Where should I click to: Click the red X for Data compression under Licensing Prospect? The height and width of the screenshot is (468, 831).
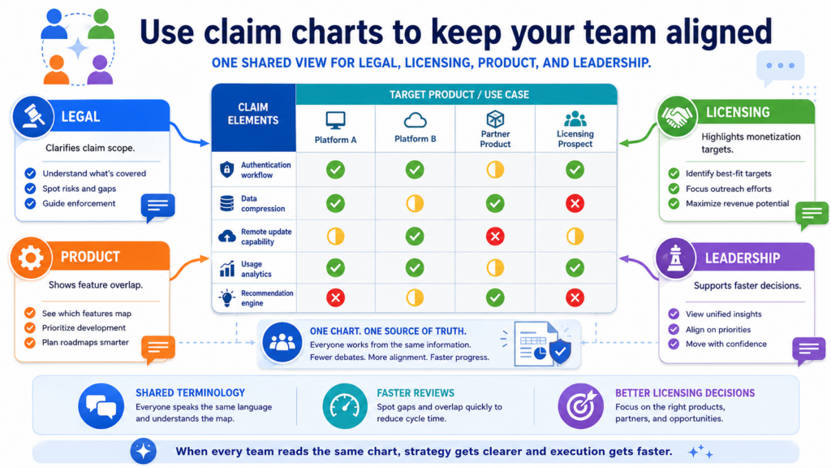(x=575, y=203)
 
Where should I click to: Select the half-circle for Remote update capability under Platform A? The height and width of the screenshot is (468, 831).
(x=335, y=236)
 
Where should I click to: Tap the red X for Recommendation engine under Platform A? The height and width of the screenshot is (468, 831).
(x=335, y=298)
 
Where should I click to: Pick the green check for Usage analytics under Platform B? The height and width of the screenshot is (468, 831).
(x=415, y=268)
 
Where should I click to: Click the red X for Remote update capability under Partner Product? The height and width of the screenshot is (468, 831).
(x=495, y=236)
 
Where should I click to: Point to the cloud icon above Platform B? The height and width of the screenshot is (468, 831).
(x=415, y=121)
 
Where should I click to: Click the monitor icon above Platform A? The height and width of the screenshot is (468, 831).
(x=335, y=120)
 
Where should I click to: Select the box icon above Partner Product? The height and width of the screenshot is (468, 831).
(x=495, y=119)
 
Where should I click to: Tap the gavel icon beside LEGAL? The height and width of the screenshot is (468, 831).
(x=32, y=116)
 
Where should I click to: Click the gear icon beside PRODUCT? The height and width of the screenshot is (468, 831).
(x=30, y=258)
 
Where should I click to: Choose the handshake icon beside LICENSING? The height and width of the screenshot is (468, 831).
(x=677, y=116)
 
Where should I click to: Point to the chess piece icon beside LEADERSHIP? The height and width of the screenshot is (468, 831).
(x=676, y=258)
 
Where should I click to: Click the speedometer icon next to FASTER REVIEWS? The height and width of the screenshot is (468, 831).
(x=345, y=406)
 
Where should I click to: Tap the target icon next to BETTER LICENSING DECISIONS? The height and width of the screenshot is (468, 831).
(x=581, y=406)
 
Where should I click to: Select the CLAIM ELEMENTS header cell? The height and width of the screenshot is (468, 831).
(x=253, y=117)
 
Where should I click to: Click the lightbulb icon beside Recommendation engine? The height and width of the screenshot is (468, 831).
(x=227, y=297)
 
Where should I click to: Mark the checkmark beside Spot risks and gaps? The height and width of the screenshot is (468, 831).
(x=30, y=188)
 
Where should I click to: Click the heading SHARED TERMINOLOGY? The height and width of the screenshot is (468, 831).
(x=190, y=392)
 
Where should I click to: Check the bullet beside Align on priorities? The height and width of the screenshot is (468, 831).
(x=674, y=329)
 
